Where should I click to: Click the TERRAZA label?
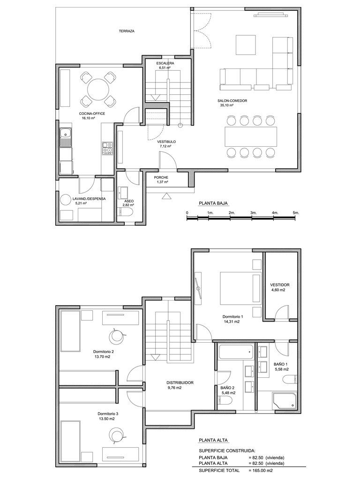click(127, 31)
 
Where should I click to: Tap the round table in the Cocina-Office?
click(98, 89)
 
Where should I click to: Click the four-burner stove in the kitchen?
click(107, 148)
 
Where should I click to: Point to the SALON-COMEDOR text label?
click(232, 101)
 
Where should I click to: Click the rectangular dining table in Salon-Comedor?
click(251, 137)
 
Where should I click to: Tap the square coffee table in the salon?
click(246, 45)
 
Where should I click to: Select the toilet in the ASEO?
click(125, 212)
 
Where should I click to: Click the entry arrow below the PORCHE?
click(166, 196)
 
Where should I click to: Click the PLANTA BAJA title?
click(213, 202)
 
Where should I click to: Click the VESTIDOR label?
click(280, 285)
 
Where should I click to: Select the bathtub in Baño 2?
click(236, 352)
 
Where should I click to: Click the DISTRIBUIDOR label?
click(180, 382)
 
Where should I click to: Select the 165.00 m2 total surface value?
click(261, 470)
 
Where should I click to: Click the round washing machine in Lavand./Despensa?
click(66, 200)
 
